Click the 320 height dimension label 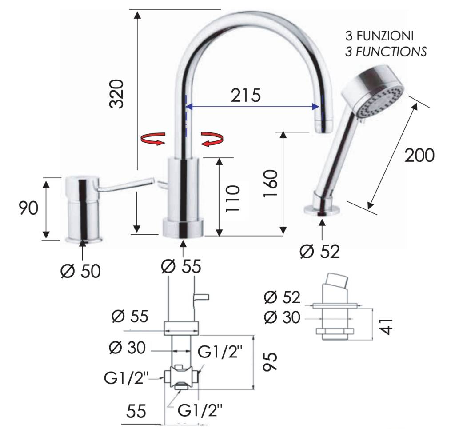tap(117, 93)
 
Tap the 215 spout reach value tap(246, 95)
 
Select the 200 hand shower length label tap(419, 155)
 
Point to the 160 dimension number tap(271, 184)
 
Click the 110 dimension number tap(233, 199)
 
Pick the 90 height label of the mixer tap(28, 208)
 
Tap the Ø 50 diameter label tap(80, 271)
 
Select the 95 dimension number tap(270, 362)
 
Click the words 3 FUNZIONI tap(379, 36)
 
